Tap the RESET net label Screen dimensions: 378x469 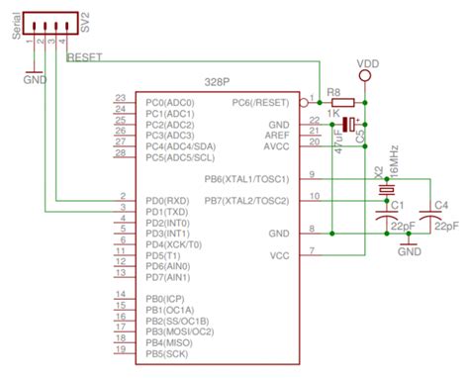click(86, 57)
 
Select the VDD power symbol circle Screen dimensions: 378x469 click(366, 75)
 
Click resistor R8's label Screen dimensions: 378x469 click(336, 91)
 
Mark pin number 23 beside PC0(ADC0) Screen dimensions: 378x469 click(120, 98)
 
